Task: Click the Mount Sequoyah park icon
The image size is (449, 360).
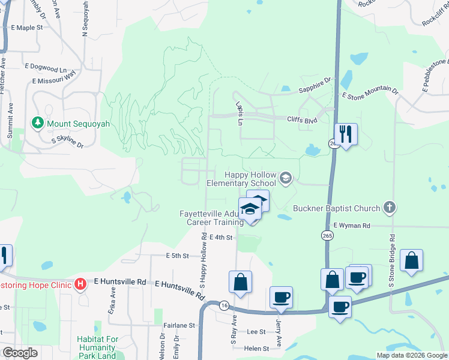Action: pyautogui.click(x=38, y=123)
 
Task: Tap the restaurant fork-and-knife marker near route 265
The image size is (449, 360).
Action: pyautogui.click(x=345, y=133)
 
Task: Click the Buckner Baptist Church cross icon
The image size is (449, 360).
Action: pyautogui.click(x=390, y=208)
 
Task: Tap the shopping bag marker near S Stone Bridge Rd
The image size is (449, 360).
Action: pyautogui.click(x=411, y=260)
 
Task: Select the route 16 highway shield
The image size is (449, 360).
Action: pyautogui.click(x=223, y=305)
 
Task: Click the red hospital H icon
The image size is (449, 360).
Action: pyautogui.click(x=80, y=283)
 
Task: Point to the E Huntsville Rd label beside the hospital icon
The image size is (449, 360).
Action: pyautogui.click(x=120, y=281)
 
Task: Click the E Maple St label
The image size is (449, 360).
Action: pyautogui.click(x=28, y=28)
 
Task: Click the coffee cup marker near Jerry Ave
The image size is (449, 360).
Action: pyautogui.click(x=280, y=298)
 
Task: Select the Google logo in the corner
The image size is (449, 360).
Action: pyautogui.click(x=19, y=352)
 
